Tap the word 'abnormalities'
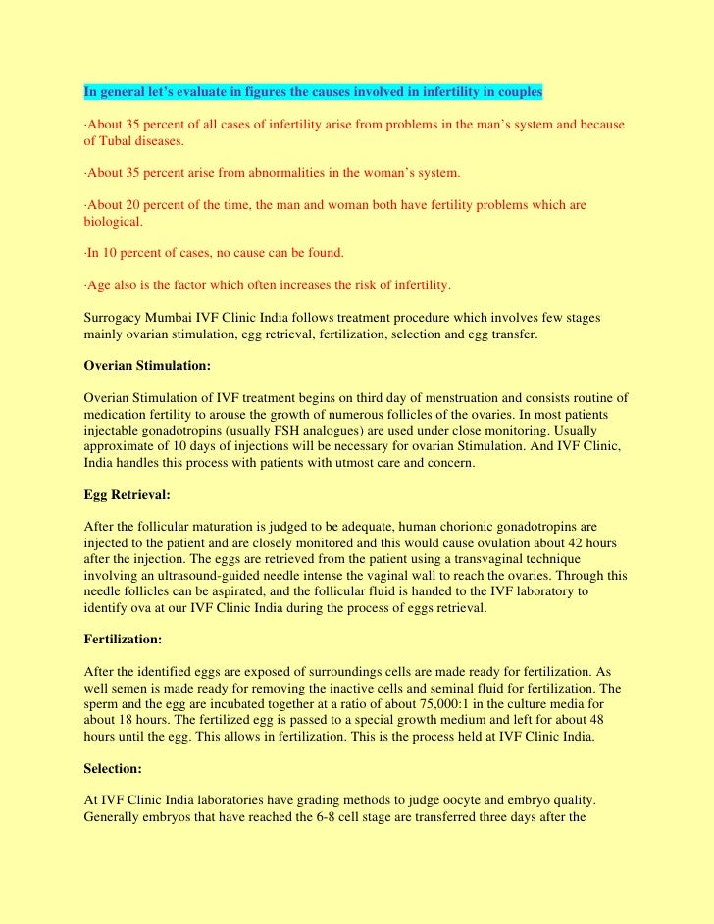[277, 173]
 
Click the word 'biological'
[112, 221]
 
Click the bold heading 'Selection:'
[113, 770]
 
